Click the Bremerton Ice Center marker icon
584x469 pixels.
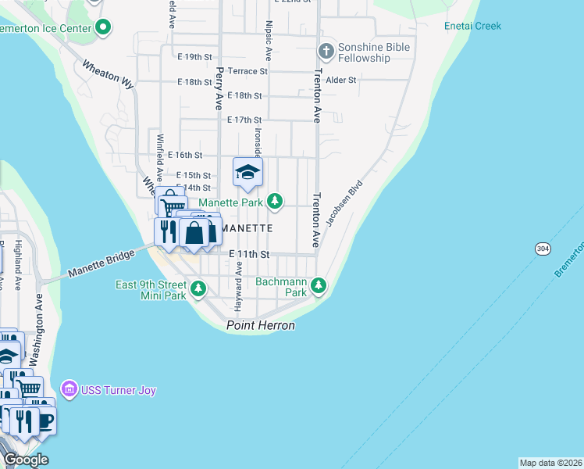coord(103,29)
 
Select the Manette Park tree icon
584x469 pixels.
coord(274,202)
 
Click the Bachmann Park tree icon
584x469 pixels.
coord(318,286)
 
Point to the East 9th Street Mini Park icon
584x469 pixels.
coord(199,290)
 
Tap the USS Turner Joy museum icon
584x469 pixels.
coord(69,388)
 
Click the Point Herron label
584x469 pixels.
coord(261,325)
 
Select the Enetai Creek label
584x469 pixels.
coord(472,26)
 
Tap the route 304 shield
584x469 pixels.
coord(543,248)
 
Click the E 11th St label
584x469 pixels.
coord(249,254)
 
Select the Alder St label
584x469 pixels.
coord(341,80)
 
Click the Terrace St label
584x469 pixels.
coord(247,71)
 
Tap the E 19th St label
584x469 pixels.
coord(194,57)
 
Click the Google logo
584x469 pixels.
coord(26,460)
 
